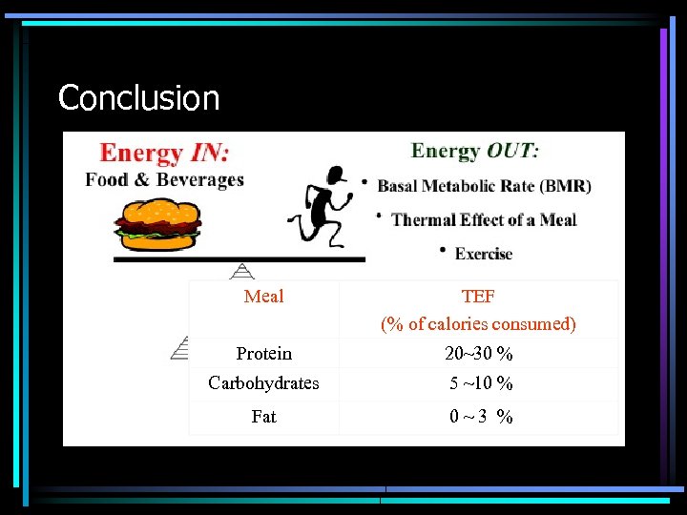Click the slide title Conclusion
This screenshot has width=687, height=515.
[x=138, y=97]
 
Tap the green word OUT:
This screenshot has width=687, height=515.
[x=512, y=151]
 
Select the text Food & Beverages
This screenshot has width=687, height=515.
[x=164, y=179]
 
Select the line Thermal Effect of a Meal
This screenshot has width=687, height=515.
[x=484, y=219]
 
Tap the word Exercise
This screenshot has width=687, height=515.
[x=484, y=254]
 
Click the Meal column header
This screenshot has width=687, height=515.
[x=263, y=297]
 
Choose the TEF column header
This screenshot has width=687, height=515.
[x=478, y=297]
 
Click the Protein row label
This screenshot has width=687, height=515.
[x=263, y=354]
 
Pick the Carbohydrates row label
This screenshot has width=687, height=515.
[x=263, y=383]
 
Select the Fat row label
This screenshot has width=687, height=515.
[x=263, y=417]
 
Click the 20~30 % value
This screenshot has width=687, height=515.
[x=478, y=354]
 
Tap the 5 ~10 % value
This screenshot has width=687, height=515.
[x=481, y=383]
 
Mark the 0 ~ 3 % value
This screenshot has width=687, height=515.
[x=481, y=417]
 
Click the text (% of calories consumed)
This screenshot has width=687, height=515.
[x=478, y=324]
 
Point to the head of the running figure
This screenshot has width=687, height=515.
[x=335, y=175]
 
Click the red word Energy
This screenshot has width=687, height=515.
[x=141, y=153]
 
